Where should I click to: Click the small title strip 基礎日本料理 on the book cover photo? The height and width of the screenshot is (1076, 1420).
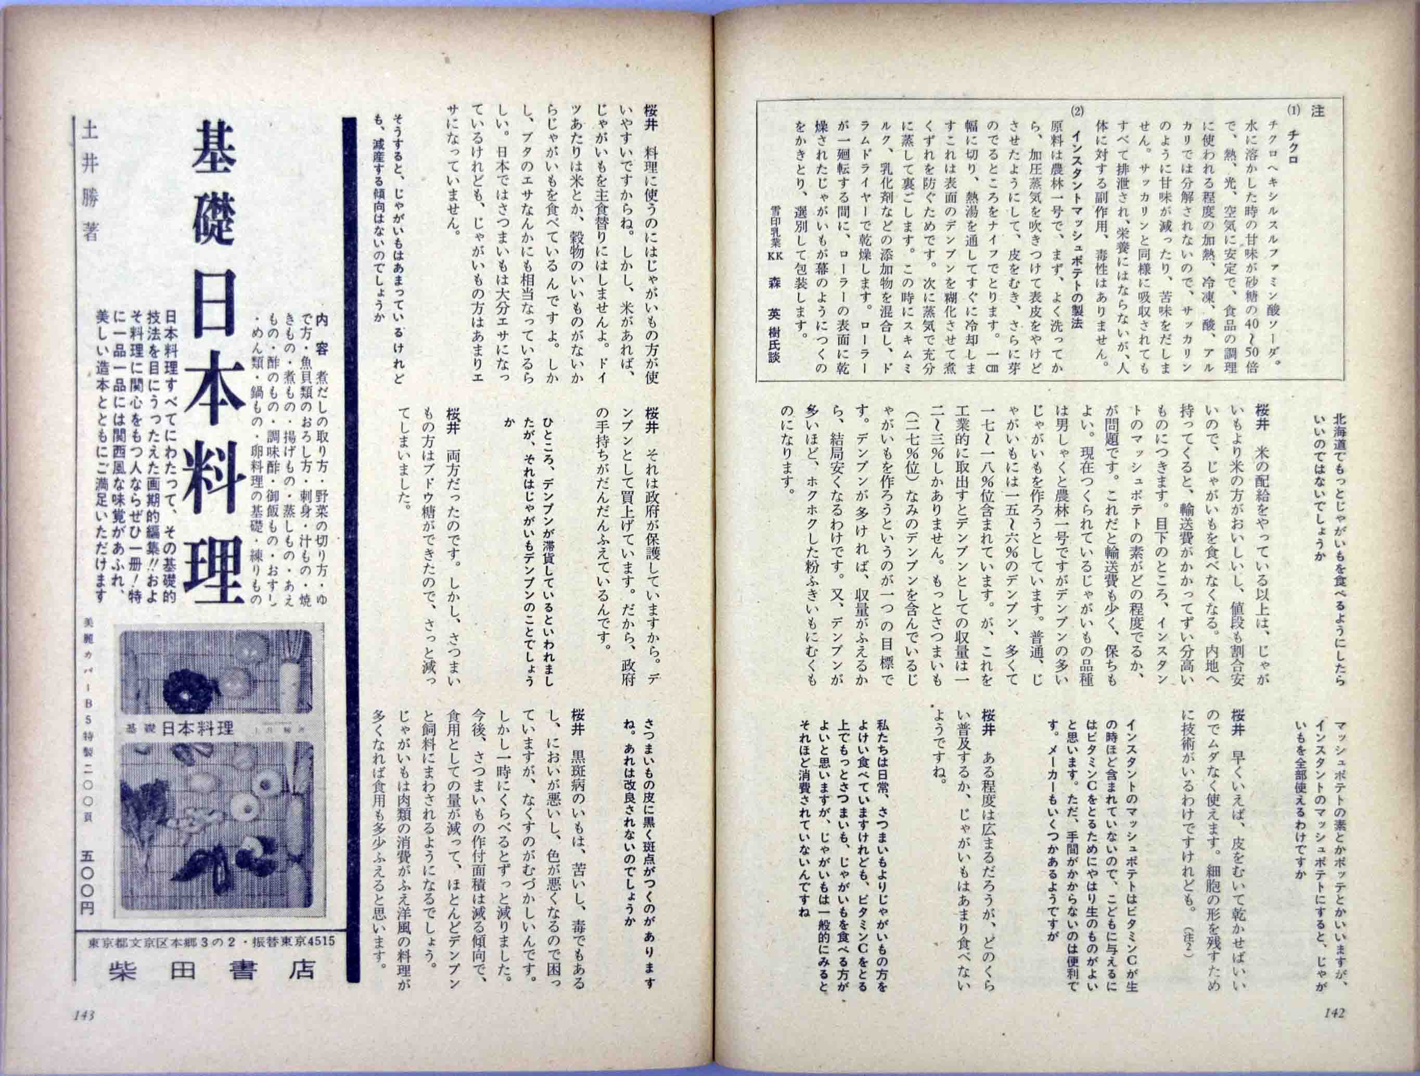click(180, 728)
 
